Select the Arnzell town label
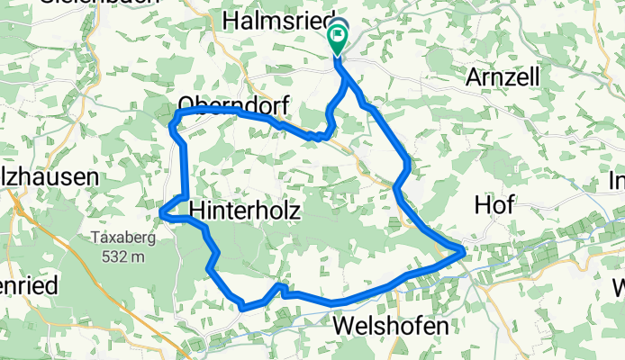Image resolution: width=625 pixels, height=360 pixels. point(502,77)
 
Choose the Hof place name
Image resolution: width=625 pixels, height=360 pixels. point(494,204)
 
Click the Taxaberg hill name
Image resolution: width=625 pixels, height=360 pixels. point(119,238)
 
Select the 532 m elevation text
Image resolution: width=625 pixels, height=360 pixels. point(119,257)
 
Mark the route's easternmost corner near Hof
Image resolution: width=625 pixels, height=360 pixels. point(464,252)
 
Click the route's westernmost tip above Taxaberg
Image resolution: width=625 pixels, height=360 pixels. point(161,212)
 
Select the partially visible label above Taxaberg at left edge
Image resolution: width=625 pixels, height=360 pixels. point(49,177)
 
